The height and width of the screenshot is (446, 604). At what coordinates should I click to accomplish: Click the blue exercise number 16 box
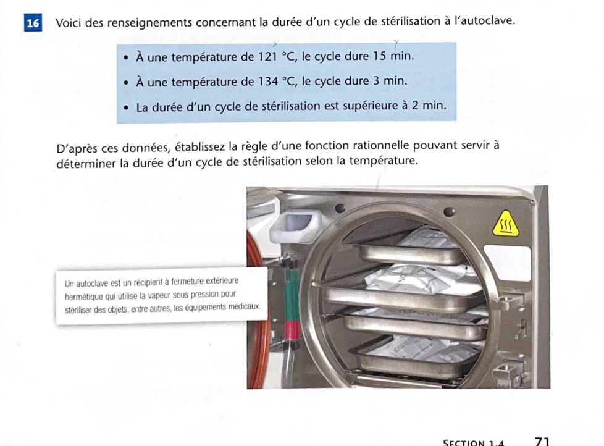[x=33, y=22]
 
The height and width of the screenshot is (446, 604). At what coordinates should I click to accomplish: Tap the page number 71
[x=542, y=442]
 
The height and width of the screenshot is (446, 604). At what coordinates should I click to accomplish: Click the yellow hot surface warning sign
[x=506, y=224]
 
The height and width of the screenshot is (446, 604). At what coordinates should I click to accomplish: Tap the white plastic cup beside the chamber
[x=295, y=226]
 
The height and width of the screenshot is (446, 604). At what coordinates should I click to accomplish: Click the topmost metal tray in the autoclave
[x=411, y=255]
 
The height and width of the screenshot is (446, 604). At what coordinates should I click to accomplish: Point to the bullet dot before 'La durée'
[x=127, y=108]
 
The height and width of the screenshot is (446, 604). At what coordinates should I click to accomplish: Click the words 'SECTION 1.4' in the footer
[x=474, y=442]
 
